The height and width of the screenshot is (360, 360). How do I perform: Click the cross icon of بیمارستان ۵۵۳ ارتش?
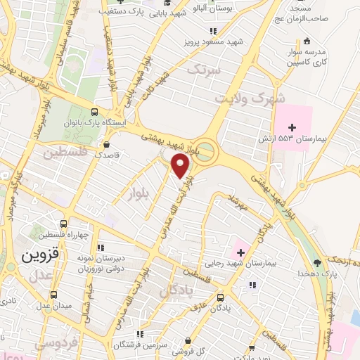pyautogui.click(x=292, y=127)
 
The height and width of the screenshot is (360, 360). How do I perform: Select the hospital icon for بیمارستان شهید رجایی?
pyautogui.click(x=240, y=251)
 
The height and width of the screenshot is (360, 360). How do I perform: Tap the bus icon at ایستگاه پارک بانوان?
pyautogui.click(x=95, y=112)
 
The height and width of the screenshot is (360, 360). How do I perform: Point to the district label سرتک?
pyautogui.click(x=203, y=70)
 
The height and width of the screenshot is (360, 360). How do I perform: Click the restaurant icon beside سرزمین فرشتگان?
pyautogui.click(x=139, y=333)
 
